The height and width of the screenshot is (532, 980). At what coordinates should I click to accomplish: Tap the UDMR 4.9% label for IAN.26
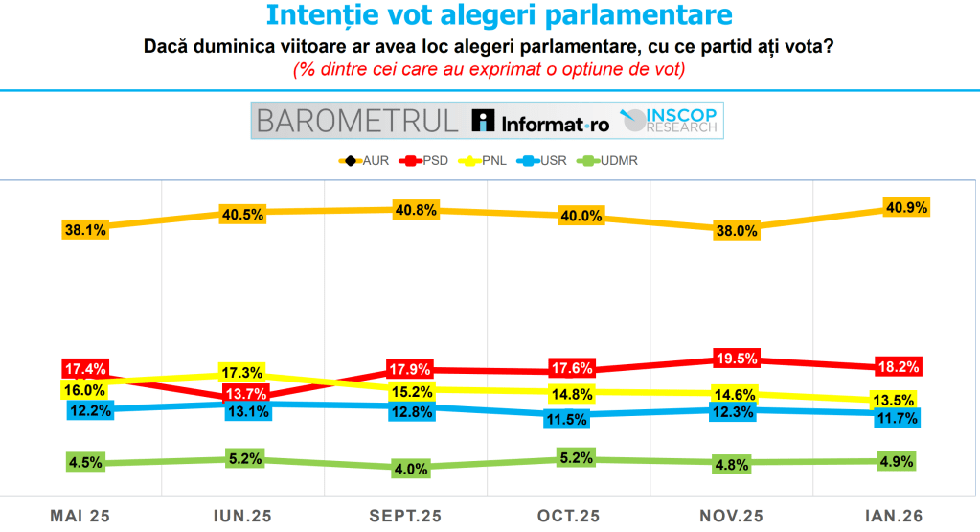coord(897,461)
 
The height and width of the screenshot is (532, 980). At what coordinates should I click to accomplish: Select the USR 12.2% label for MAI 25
coord(88,410)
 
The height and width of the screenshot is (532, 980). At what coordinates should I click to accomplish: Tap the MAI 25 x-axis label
coord(80,516)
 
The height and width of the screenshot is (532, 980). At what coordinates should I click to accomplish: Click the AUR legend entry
coord(367,160)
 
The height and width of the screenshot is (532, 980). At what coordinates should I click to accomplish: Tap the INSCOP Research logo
coord(671,120)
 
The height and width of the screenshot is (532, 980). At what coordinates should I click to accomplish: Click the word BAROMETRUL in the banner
coord(357,121)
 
